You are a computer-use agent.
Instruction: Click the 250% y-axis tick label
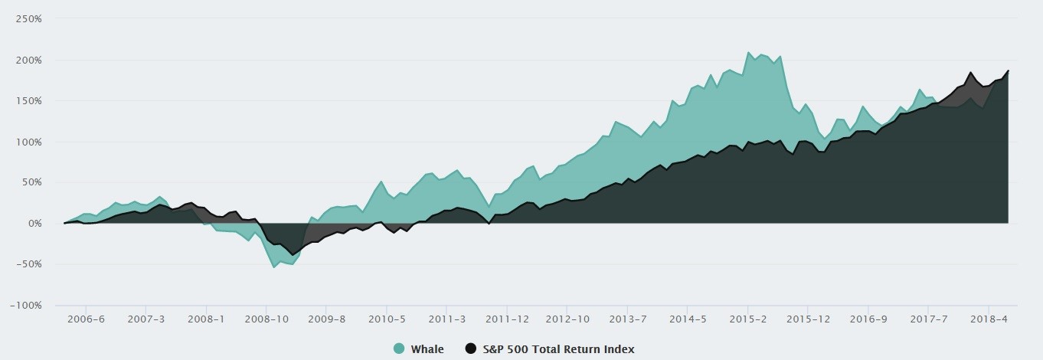(x=28, y=18)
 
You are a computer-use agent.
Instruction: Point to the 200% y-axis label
(x=28, y=60)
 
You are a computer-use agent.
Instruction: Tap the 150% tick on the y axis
(x=28, y=100)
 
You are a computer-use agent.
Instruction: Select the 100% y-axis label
(x=28, y=142)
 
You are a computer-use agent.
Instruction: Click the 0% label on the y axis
(x=34, y=223)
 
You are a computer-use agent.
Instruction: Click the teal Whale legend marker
(x=399, y=349)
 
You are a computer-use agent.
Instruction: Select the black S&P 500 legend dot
(x=470, y=349)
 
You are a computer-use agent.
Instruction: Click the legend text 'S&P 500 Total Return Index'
(x=559, y=349)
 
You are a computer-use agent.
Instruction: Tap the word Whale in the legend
(x=427, y=349)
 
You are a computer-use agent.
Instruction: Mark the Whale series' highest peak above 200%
(x=748, y=52)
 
